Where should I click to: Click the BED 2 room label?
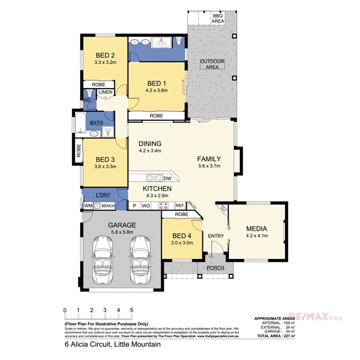[105, 55]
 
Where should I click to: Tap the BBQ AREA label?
[218, 18]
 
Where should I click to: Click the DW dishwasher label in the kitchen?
[167, 178]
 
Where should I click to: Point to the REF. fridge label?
[180, 206]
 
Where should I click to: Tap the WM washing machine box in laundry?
[88, 206]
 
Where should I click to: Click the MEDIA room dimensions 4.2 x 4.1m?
[256, 236]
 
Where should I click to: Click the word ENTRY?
[216, 236]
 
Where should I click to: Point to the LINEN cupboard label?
[106, 92]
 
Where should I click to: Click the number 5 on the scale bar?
[132, 310]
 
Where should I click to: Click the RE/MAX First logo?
[316, 318]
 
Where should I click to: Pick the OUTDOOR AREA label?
[212, 64]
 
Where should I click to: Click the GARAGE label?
[122, 225]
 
